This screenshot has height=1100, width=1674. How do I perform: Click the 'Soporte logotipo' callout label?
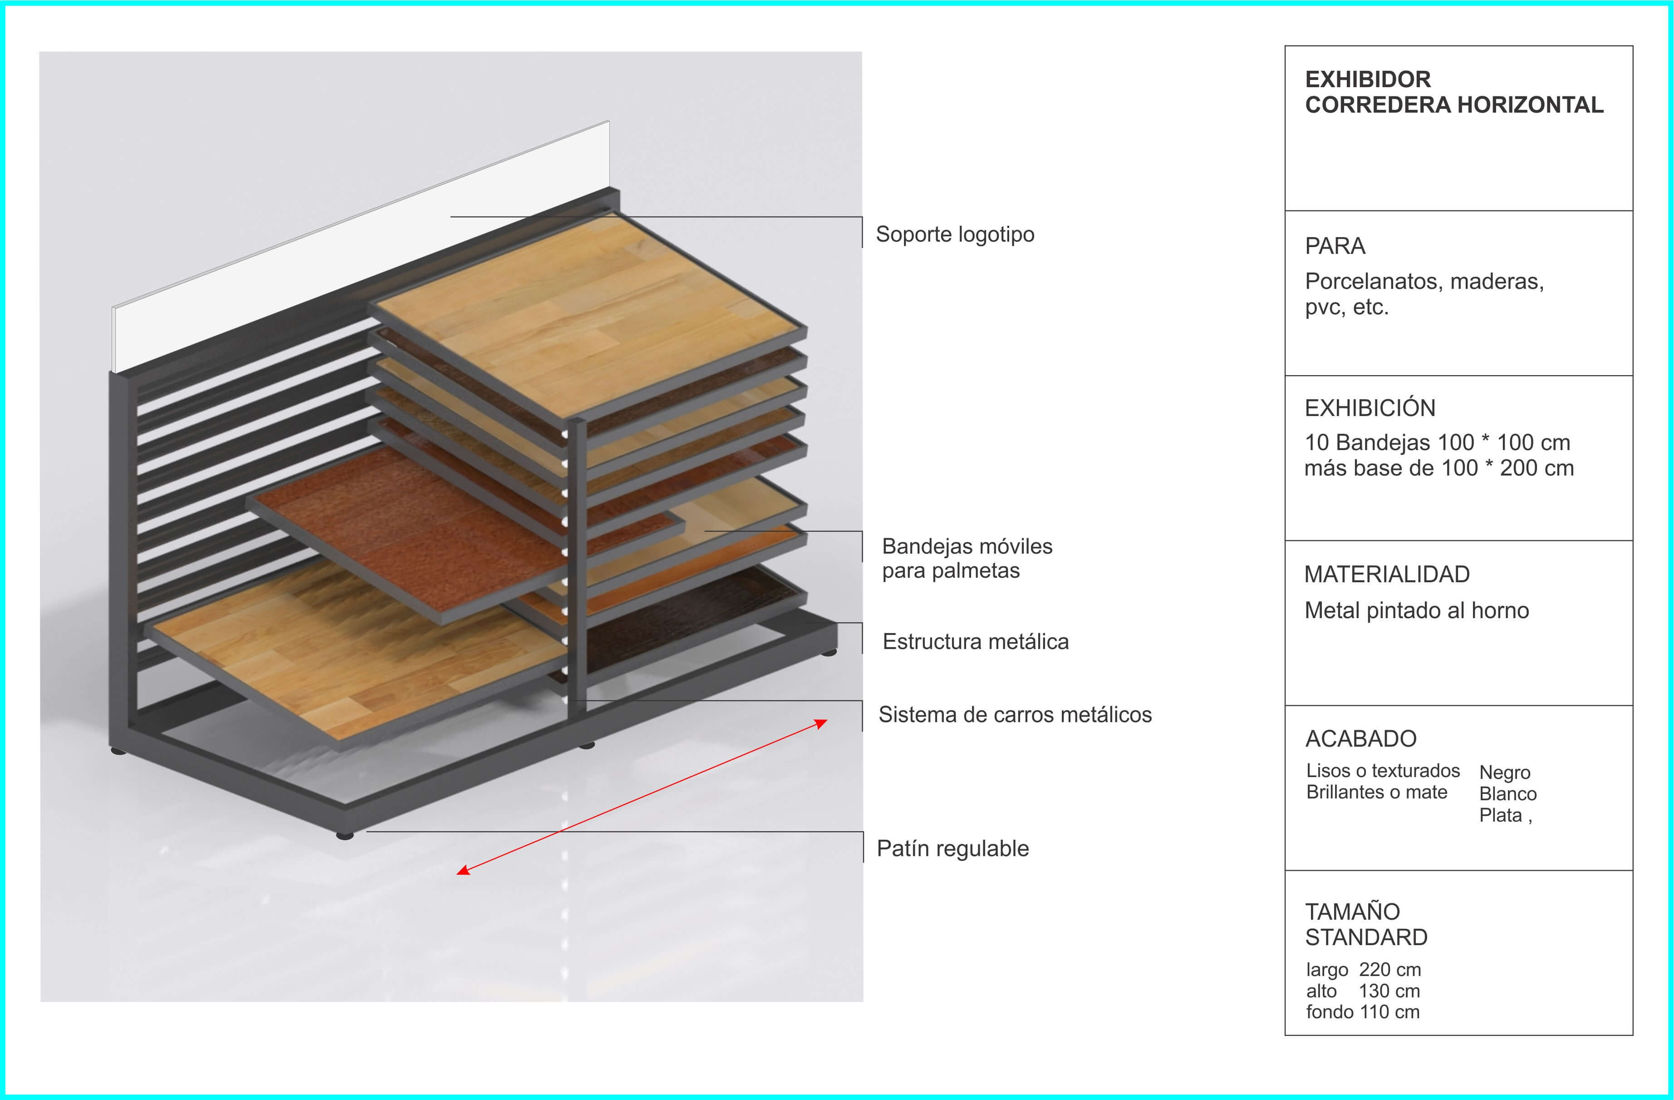(x=954, y=234)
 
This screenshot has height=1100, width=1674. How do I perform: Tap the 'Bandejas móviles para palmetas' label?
(x=967, y=558)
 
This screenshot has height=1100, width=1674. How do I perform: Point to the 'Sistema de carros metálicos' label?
(x=1015, y=714)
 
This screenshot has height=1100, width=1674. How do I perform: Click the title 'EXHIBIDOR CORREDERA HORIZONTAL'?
(x=1454, y=91)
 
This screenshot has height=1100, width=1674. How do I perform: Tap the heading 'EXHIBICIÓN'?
(x=1370, y=407)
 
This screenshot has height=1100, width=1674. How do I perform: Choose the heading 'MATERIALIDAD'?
(x=1386, y=574)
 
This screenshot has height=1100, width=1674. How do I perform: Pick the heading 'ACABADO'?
(x=1360, y=738)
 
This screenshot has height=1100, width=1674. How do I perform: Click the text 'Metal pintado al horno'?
(x=1417, y=610)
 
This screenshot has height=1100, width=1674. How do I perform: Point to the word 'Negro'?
(x=1504, y=772)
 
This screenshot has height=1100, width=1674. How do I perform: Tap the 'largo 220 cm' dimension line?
(x=1363, y=970)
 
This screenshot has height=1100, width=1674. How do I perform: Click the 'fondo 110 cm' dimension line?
(x=1362, y=1012)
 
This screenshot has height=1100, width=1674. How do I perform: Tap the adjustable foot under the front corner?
(x=345, y=835)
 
